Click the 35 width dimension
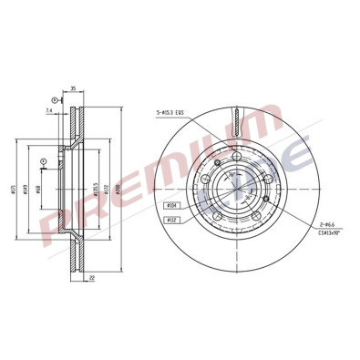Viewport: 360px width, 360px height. (x=73, y=90)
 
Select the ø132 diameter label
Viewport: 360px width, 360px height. (x=107, y=190)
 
